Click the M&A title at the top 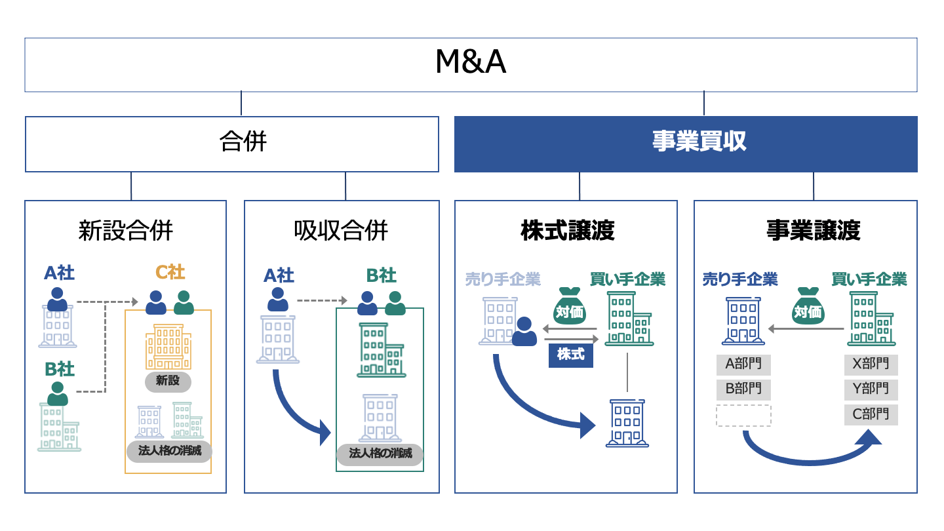tap(471, 63)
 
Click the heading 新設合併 tap(125, 231)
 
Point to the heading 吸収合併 tap(341, 231)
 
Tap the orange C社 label tap(170, 272)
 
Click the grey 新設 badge tap(168, 381)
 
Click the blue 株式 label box tap(570, 355)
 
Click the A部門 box tap(743, 364)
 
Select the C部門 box tap(871, 414)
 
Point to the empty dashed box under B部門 tap(743, 415)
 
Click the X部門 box tap(871, 364)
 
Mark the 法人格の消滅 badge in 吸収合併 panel tap(380, 454)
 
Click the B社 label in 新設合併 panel tap(60, 369)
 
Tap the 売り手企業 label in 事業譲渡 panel tap(740, 279)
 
